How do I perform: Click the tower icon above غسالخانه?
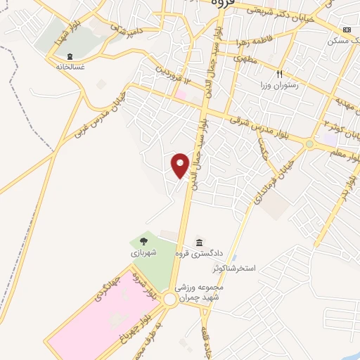pos(69,56)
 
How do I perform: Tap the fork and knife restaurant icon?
pos(279,74)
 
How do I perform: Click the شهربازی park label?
pos(143,251)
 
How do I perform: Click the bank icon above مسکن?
pos(346,30)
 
